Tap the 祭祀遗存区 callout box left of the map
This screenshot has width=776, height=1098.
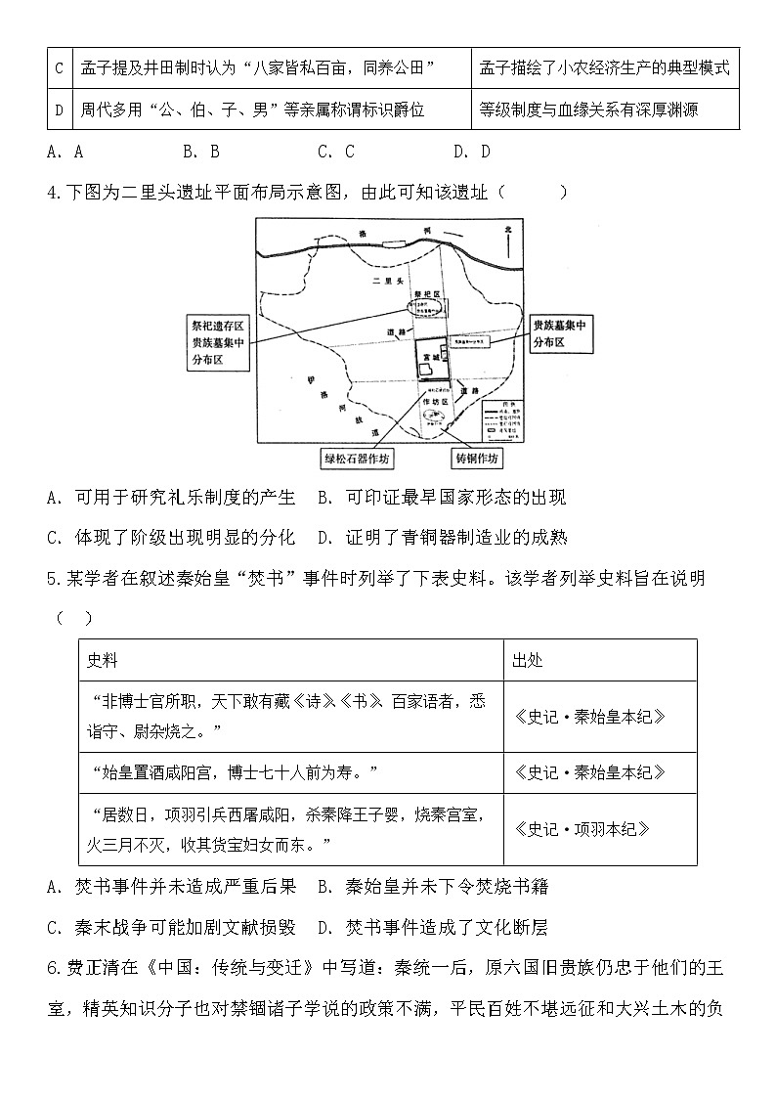coord(216,342)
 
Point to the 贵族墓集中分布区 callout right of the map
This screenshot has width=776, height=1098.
coord(560,333)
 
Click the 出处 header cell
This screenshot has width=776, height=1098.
coord(528,660)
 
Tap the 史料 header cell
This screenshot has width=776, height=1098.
coord(103,660)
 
